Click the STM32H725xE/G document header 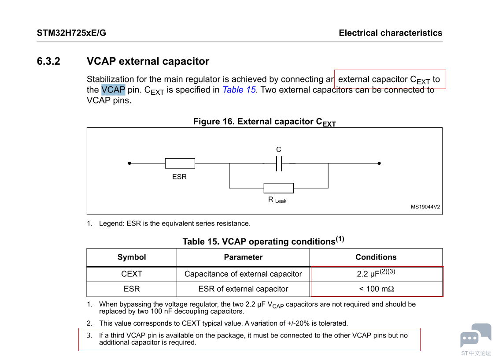click(x=71, y=33)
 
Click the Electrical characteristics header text click(x=390, y=33)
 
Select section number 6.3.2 click(x=48, y=61)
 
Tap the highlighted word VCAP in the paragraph click(x=113, y=90)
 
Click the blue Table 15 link click(x=239, y=90)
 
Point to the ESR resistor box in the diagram click(x=180, y=163)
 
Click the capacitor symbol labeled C click(x=279, y=163)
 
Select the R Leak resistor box click(x=278, y=188)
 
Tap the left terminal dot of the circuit click(x=129, y=163)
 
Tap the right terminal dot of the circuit click(x=379, y=163)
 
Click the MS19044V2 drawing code click(x=425, y=207)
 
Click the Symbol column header click(x=132, y=257)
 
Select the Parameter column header click(x=243, y=257)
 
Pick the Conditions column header click(x=376, y=257)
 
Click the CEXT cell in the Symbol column click(x=132, y=274)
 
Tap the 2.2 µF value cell click(x=376, y=274)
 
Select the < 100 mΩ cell click(x=376, y=289)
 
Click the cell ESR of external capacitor click(x=243, y=289)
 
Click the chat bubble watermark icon click(x=475, y=335)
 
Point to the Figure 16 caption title click(x=264, y=122)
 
